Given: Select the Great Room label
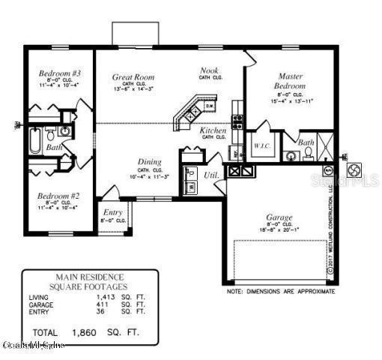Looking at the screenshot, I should (x=133, y=76).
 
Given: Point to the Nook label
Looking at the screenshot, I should (x=208, y=71).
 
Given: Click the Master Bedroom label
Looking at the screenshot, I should (x=290, y=81).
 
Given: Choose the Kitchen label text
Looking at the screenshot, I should (x=213, y=130).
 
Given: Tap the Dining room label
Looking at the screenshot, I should (x=149, y=161).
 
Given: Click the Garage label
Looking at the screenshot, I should (x=279, y=217).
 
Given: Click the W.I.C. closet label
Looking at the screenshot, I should (x=261, y=145).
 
